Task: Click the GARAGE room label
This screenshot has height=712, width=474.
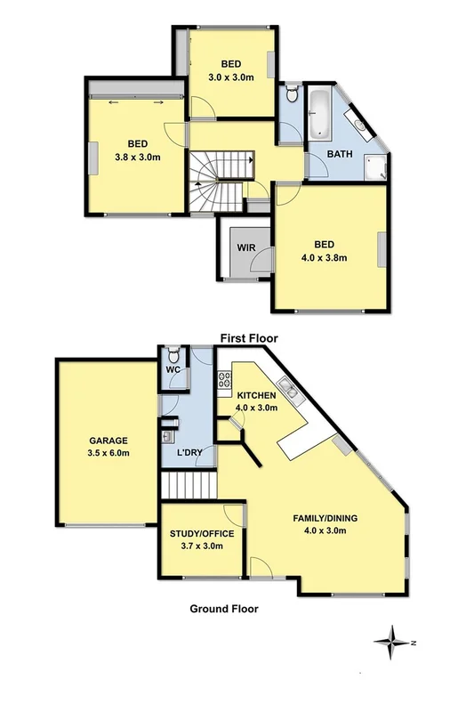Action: (x=108, y=441)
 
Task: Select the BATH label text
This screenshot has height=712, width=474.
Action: (x=340, y=154)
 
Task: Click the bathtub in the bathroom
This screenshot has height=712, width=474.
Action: (x=318, y=114)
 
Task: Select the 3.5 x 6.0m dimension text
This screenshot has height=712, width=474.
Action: (x=108, y=453)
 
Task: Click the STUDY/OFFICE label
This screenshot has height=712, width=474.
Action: (x=202, y=534)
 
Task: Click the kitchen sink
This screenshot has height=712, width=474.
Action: (x=286, y=387)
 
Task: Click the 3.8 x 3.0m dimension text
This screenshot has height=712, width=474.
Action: (x=137, y=158)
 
